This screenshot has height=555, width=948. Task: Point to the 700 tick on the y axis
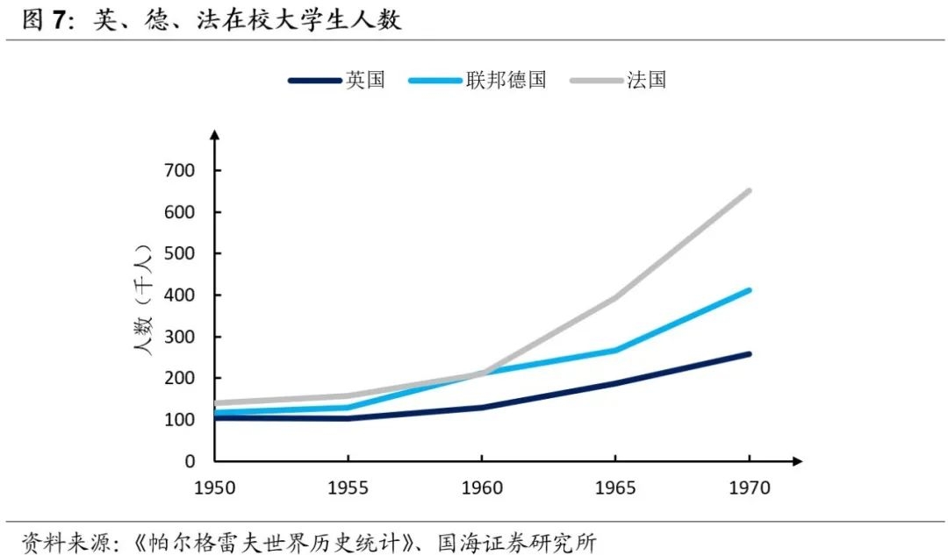tap(180, 170)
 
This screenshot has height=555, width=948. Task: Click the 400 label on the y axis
tap(180, 295)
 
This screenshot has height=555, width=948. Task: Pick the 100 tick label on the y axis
tap(180, 419)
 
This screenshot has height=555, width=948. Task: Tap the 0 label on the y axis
tap(189, 461)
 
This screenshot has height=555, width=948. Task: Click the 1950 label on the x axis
tap(215, 487)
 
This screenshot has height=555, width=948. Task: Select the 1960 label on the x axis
tap(481, 487)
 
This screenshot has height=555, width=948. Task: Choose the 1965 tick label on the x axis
tap(614, 487)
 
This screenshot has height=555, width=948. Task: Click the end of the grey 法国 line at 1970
tap(749, 190)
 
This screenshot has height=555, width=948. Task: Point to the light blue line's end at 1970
tap(749, 289)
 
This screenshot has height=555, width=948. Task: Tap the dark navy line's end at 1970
tap(749, 353)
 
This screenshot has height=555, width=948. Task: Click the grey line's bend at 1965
tap(615, 297)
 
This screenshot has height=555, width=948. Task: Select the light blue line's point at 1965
tap(615, 350)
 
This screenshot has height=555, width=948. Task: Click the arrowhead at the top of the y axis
tap(215, 136)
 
